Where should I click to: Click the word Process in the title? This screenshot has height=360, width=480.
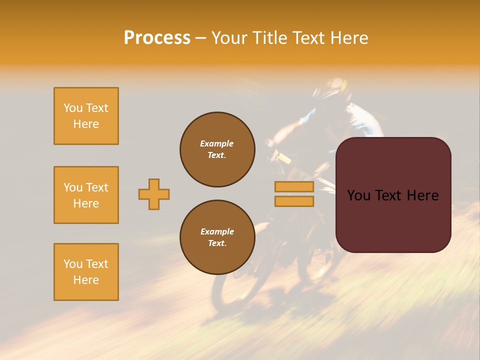click(x=157, y=38)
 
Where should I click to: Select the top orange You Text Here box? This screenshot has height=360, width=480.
click(x=86, y=116)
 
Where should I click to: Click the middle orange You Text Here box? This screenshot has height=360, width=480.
click(x=86, y=195)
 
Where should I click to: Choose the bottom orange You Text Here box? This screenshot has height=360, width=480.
click(x=86, y=272)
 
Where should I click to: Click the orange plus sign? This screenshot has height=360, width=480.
click(x=154, y=194)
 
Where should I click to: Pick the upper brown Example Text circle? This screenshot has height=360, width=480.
click(x=217, y=149)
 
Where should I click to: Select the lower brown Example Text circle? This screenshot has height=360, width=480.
click(x=217, y=237)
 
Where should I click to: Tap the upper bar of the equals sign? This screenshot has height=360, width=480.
click(x=294, y=186)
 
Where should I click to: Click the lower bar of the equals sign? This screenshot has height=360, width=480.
click(x=294, y=201)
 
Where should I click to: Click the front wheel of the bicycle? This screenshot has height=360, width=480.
click(x=235, y=285)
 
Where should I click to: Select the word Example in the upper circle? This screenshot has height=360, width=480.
click(x=217, y=143)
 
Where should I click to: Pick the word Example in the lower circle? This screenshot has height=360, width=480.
click(x=217, y=231)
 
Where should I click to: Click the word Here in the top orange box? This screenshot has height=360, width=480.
click(x=86, y=124)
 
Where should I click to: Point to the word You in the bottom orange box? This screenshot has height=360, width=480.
click(x=72, y=264)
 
